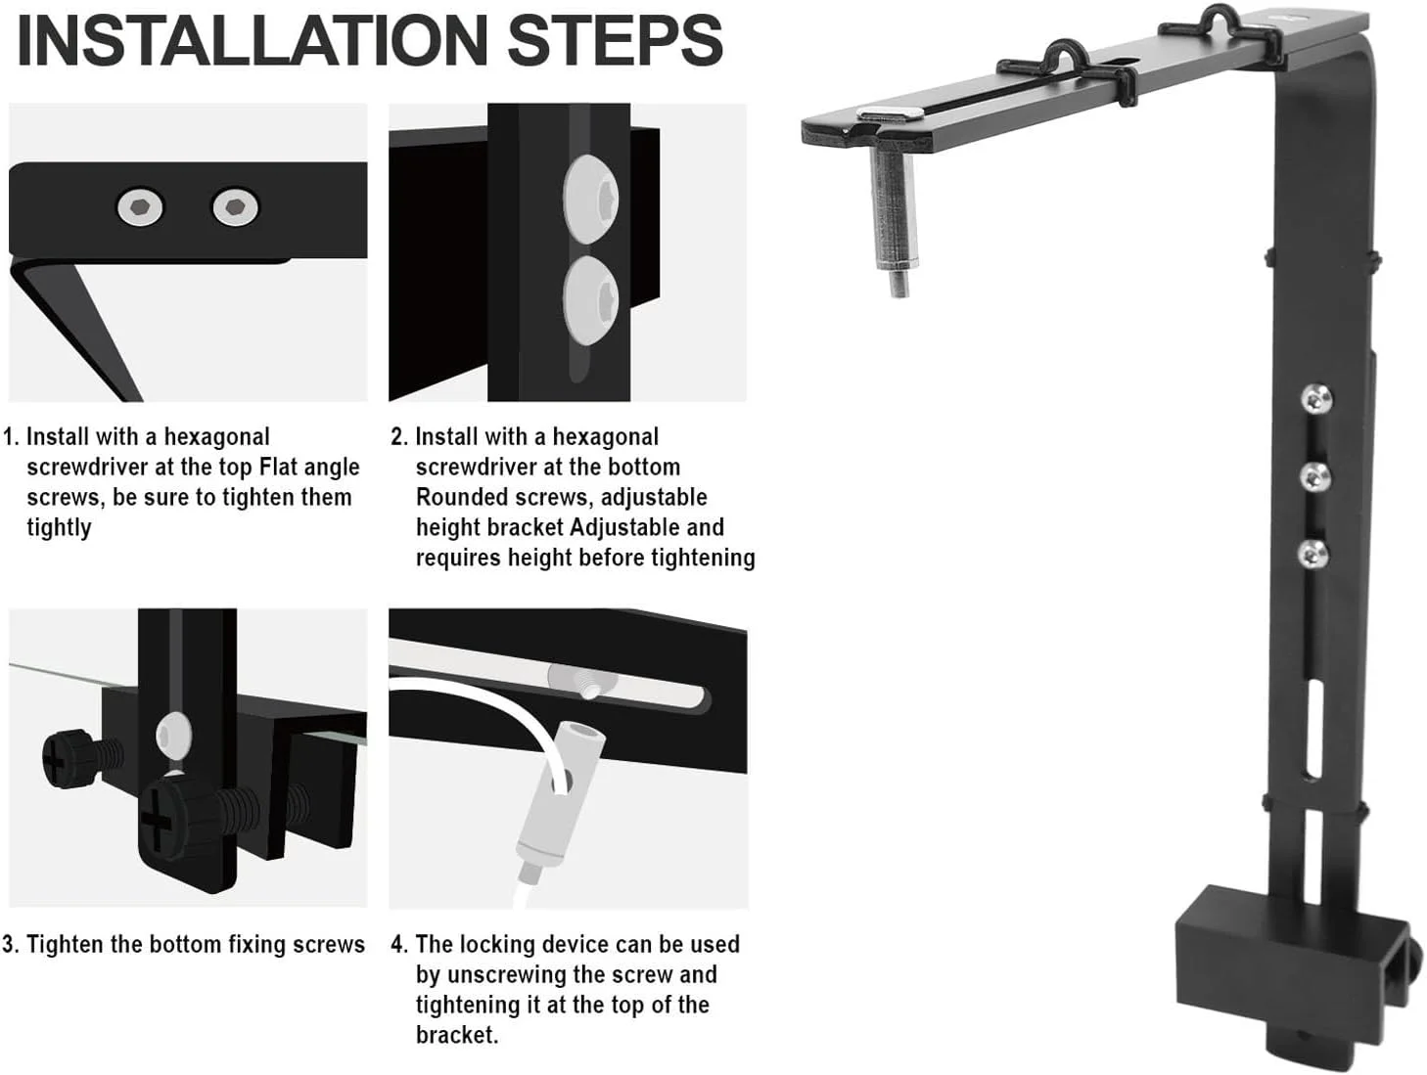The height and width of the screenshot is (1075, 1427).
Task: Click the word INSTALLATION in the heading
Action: [x=253, y=40]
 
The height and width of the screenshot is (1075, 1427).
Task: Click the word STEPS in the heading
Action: [x=615, y=40]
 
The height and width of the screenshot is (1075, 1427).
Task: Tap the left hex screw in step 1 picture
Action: [x=140, y=207]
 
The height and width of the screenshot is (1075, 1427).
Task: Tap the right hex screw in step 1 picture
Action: [x=235, y=207]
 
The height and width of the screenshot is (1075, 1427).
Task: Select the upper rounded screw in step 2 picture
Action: [x=590, y=199]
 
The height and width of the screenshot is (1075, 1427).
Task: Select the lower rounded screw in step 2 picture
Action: [x=590, y=300]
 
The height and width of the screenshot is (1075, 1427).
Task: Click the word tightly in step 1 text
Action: [x=59, y=528]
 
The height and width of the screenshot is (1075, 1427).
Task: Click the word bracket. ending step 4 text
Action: [x=457, y=1035]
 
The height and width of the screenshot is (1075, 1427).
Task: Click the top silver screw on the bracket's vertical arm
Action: [x=1316, y=398]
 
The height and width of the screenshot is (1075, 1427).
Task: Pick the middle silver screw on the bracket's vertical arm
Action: [x=1315, y=477]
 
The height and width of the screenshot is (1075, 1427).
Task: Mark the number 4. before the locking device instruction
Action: [x=399, y=945]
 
